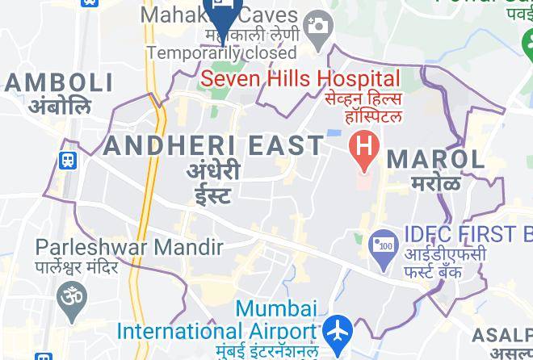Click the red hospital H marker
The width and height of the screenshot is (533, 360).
pyautogui.click(x=364, y=148)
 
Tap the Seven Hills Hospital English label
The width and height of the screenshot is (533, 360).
pyautogui.click(x=300, y=79)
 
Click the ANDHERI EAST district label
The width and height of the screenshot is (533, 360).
pyautogui.click(x=213, y=145)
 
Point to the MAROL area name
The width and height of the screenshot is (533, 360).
pyautogui.click(x=436, y=158)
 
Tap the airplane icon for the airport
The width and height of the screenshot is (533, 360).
pyautogui.click(x=338, y=331)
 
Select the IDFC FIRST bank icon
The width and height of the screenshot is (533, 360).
pyautogui.click(x=382, y=244)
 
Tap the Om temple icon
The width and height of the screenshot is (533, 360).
pyautogui.click(x=71, y=297)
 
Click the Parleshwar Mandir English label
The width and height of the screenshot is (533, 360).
pyautogui.click(x=129, y=247)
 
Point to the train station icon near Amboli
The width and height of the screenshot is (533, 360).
pyautogui.click(x=69, y=161)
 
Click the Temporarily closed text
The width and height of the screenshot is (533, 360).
pyautogui.click(x=222, y=52)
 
